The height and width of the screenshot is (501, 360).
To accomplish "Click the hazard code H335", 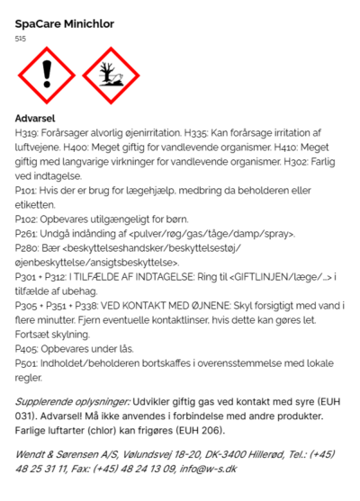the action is [x=197, y=133].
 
